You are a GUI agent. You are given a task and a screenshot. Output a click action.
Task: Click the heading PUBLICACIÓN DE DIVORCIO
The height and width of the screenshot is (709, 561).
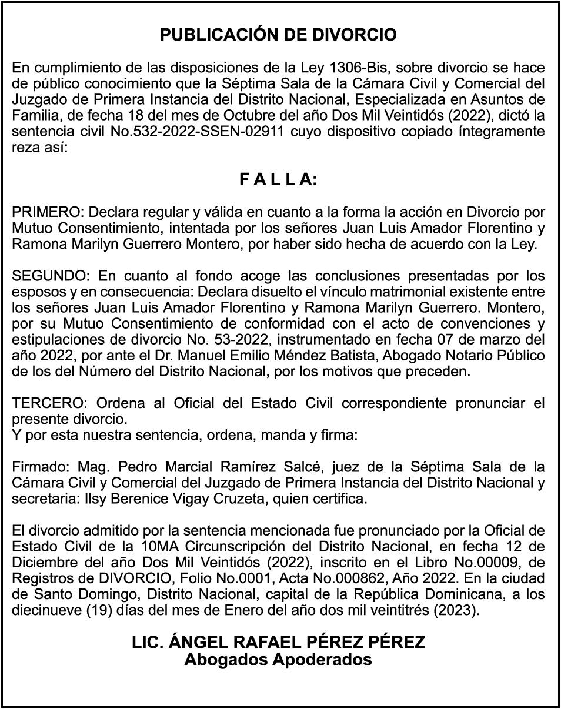279,35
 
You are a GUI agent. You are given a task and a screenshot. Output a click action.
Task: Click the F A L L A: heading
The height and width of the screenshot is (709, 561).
278,180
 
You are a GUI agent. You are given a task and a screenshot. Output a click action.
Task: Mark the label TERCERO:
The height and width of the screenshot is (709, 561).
49,404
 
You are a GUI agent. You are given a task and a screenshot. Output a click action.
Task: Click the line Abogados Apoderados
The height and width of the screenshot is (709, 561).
278,660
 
